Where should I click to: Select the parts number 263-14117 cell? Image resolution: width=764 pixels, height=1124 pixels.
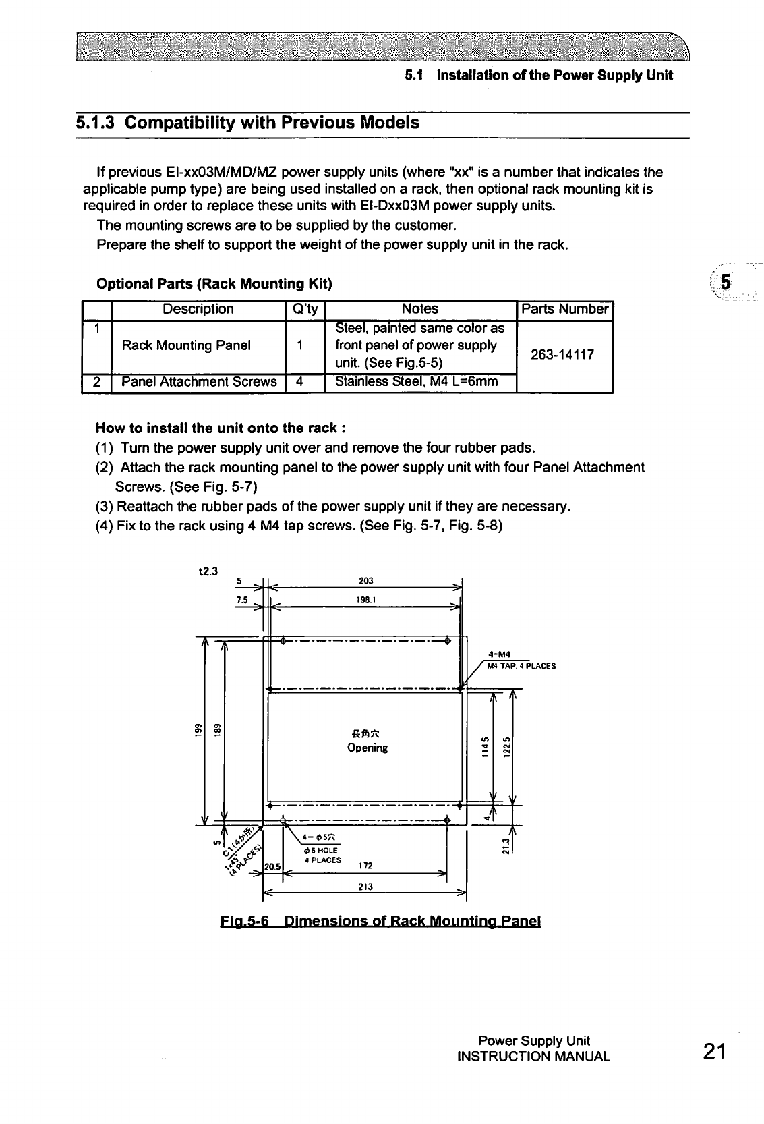click(x=563, y=354)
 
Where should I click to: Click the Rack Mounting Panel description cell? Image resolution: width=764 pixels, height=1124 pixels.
click(x=186, y=345)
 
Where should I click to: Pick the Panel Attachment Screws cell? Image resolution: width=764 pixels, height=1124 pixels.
click(x=199, y=382)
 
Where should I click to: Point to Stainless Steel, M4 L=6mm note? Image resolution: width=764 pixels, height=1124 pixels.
click(x=416, y=382)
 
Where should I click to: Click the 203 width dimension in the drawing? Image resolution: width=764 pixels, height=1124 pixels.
click(x=366, y=581)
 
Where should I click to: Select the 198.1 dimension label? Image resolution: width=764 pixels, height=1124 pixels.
click(x=366, y=598)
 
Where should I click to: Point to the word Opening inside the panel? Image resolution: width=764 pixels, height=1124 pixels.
click(x=367, y=748)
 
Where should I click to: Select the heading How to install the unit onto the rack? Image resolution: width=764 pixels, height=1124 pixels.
click(x=222, y=428)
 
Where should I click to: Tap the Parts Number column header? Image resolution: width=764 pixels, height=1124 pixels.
click(x=564, y=309)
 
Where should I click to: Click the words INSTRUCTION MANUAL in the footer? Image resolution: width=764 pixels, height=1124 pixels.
click(x=533, y=1057)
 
